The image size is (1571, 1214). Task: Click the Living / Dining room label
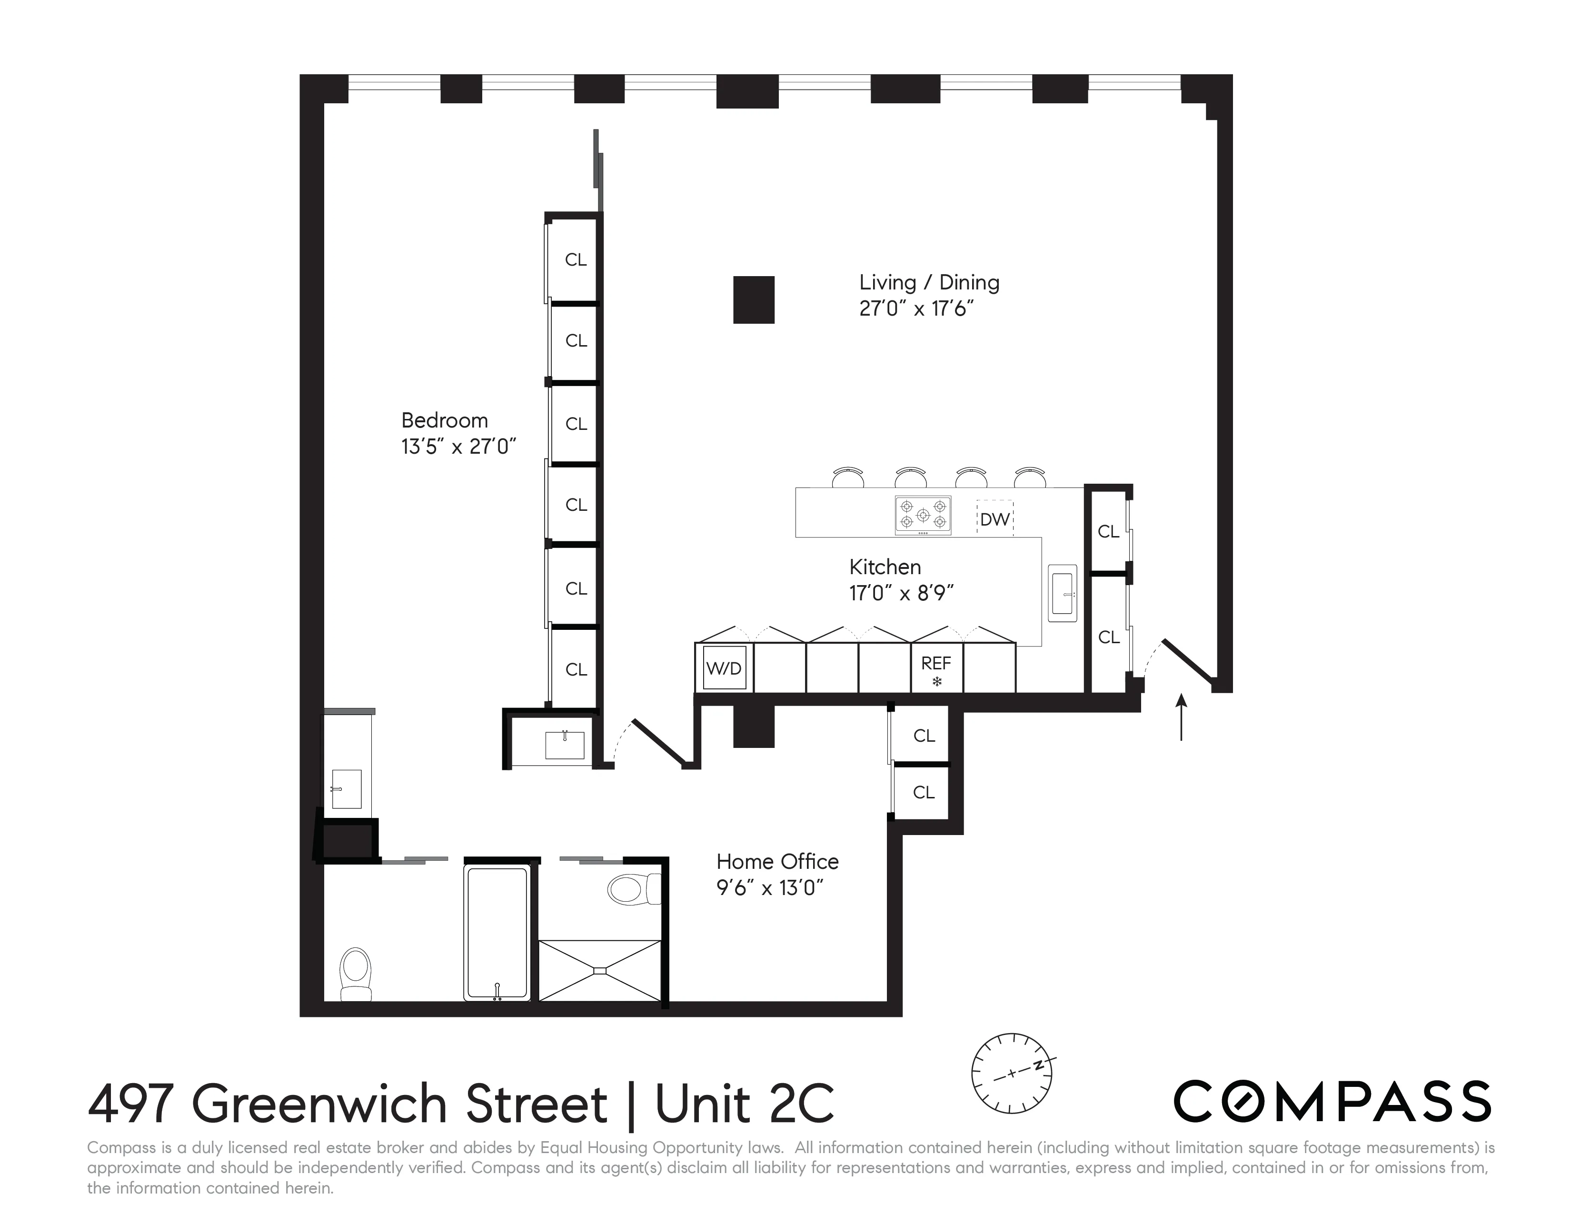click(929, 283)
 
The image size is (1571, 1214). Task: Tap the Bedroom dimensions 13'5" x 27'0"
click(459, 447)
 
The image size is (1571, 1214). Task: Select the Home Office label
click(777, 862)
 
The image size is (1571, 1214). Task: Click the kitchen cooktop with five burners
click(923, 515)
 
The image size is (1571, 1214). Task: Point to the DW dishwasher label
click(995, 519)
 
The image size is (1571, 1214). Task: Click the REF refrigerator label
click(936, 663)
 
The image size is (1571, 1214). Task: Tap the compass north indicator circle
click(1011, 1073)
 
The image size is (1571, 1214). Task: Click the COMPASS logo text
click(1332, 1101)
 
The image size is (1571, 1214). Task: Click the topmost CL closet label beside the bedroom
click(576, 259)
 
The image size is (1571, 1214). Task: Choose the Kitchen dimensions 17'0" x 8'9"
click(901, 593)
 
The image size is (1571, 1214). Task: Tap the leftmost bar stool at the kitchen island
click(848, 477)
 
